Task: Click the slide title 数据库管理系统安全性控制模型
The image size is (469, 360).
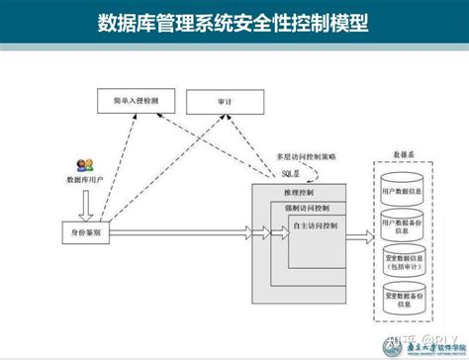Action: [234, 22]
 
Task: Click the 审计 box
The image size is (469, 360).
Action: [226, 102]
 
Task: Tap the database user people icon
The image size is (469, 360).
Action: [83, 166]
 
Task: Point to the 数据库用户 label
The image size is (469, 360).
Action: [84, 180]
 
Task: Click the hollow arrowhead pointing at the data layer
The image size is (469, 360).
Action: [365, 232]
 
